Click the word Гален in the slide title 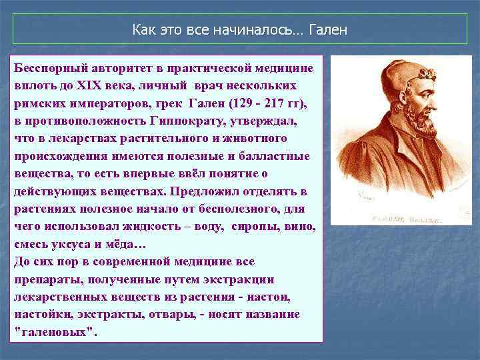327,31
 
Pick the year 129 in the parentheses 242,104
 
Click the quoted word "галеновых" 55,331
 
